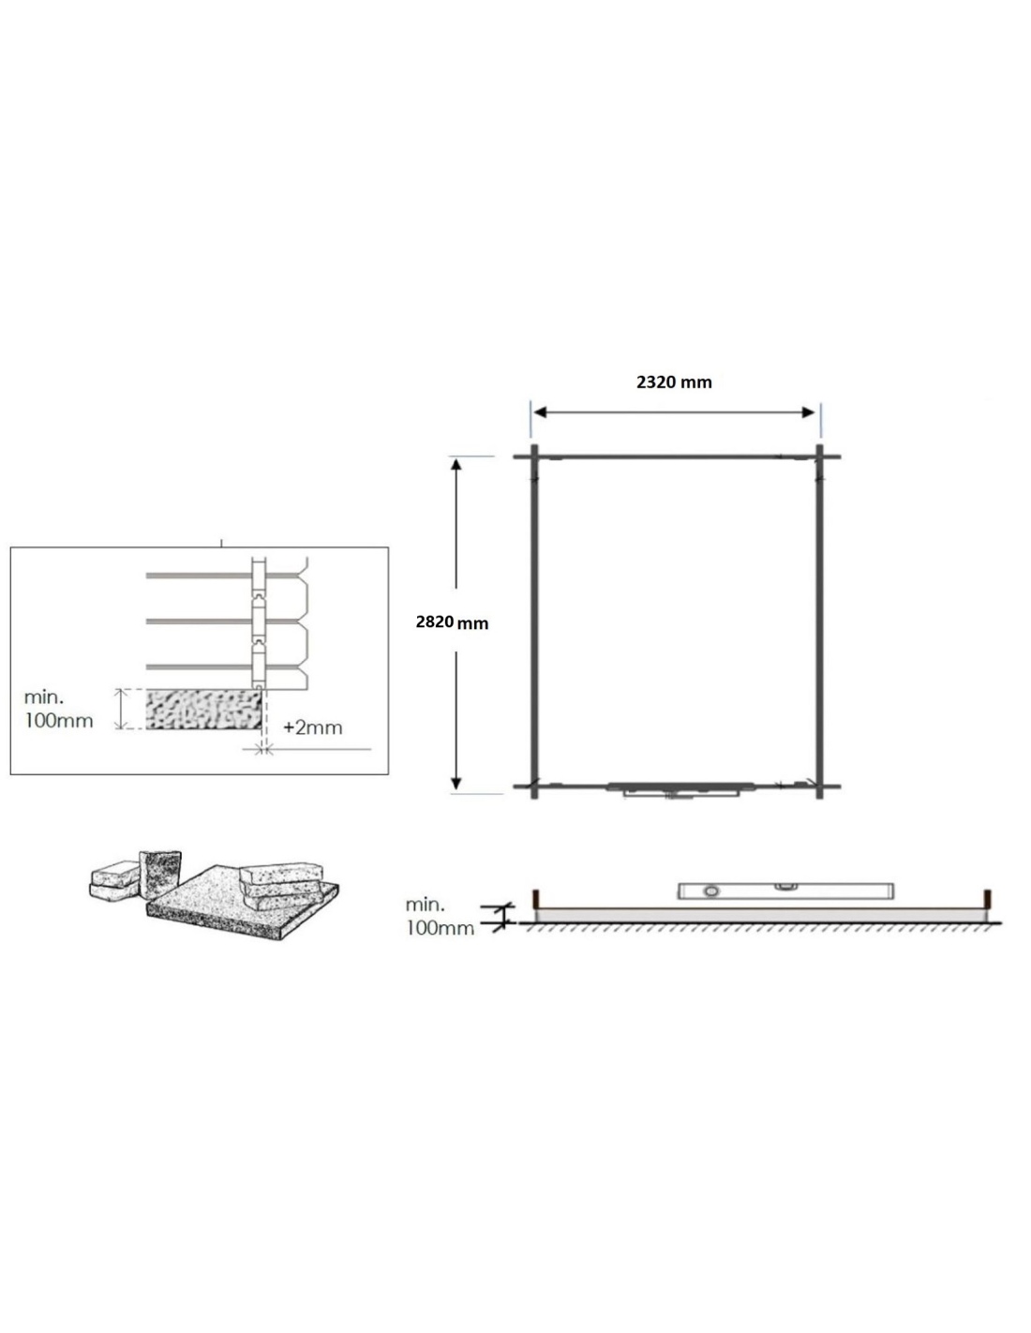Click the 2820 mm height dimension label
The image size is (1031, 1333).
point(452,622)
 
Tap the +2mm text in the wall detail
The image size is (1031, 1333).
point(313,727)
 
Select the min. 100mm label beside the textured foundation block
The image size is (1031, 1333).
point(58,709)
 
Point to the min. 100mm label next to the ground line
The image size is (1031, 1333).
point(440,917)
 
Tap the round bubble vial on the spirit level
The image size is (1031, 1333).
point(710,891)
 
